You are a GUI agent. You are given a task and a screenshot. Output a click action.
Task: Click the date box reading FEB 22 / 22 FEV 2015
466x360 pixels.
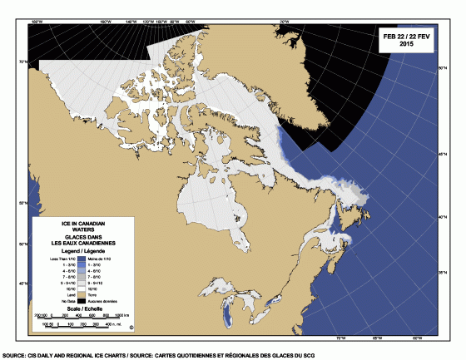406,38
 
